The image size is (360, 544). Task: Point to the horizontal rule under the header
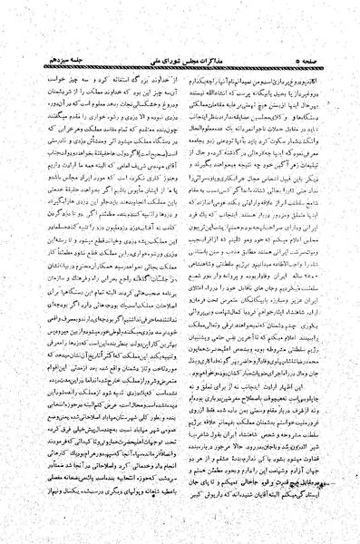180,25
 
